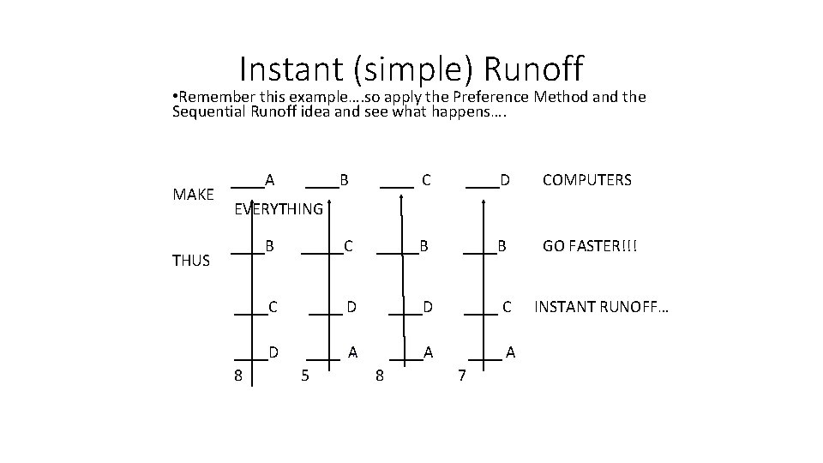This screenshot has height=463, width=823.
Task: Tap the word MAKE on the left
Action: pyautogui.click(x=194, y=195)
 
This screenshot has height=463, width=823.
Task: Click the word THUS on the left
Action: pyautogui.click(x=191, y=261)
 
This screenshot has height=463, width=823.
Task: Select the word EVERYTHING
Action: pyautogui.click(x=279, y=209)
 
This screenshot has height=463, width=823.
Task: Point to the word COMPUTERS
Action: pyautogui.click(x=586, y=180)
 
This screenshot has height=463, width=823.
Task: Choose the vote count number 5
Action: pyautogui.click(x=305, y=375)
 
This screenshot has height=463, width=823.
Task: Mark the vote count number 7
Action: pyautogui.click(x=461, y=375)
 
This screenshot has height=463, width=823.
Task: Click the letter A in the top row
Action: pyautogui.click(x=269, y=179)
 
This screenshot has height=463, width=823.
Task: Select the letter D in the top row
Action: pyautogui.click(x=505, y=180)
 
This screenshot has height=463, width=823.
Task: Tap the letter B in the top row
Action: pyautogui.click(x=344, y=180)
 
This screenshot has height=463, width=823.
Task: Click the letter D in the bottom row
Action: pyautogui.click(x=273, y=352)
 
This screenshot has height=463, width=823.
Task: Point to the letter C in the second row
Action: pyautogui.click(x=348, y=247)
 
